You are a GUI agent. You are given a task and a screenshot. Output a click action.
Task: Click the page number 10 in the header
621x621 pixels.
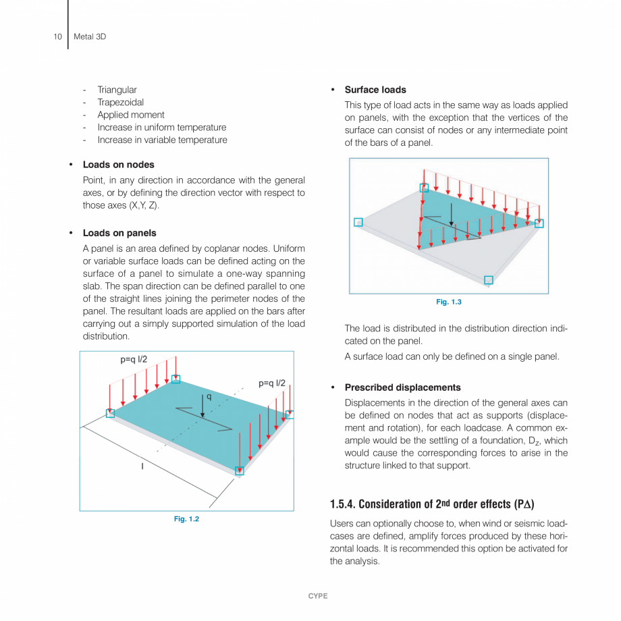pos(57,36)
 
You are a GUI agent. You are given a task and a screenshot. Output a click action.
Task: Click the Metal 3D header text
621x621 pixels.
pos(89,36)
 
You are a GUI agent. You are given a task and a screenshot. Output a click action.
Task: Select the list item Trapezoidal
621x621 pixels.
pos(120,103)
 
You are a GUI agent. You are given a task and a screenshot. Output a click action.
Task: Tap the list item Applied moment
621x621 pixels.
pos(130,115)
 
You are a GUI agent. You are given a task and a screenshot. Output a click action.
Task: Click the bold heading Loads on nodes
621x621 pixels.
pos(118,165)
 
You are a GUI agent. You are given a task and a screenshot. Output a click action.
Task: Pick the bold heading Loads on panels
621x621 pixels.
pos(119,233)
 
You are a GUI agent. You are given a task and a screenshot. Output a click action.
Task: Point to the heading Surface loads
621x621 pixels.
pos(375,90)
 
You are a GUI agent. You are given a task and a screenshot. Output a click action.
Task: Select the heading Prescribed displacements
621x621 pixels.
pos(402,387)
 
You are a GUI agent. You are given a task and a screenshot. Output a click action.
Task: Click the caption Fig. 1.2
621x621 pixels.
pos(186,518)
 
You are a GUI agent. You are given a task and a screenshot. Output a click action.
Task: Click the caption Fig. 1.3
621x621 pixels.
pos(448,302)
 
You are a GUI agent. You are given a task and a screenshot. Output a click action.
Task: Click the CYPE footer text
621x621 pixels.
pos(318,596)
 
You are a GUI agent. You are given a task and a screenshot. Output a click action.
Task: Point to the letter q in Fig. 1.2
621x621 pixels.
pos(209,398)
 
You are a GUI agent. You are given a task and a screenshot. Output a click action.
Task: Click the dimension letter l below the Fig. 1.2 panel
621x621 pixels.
pos(142,466)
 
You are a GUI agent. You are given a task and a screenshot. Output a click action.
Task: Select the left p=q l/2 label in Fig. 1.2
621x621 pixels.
pos(134,360)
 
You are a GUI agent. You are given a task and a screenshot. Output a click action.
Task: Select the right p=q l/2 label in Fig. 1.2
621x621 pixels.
pos(272,383)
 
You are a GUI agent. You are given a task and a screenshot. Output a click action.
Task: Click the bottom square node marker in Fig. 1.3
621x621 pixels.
pos(489,279)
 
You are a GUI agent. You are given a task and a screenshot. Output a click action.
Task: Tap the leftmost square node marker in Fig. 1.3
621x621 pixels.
pos(358,222)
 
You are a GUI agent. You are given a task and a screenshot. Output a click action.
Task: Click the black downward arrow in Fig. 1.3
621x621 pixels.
pos(452,215)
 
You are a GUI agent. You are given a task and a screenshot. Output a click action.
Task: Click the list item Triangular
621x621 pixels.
pos(117,90)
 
